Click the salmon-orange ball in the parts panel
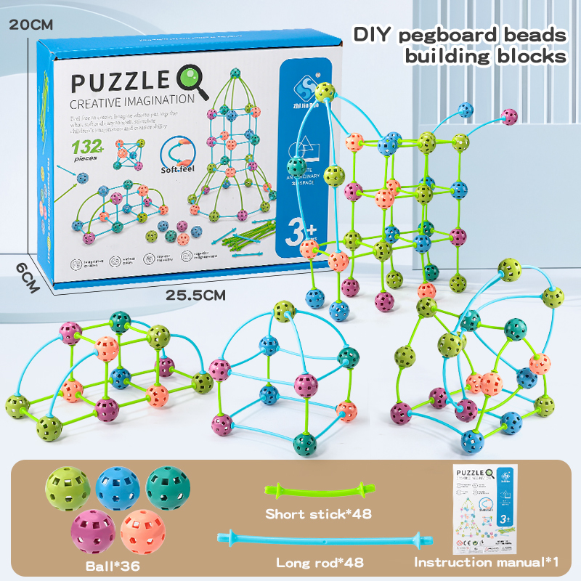142,529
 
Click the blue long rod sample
320,539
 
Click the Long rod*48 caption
320,563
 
